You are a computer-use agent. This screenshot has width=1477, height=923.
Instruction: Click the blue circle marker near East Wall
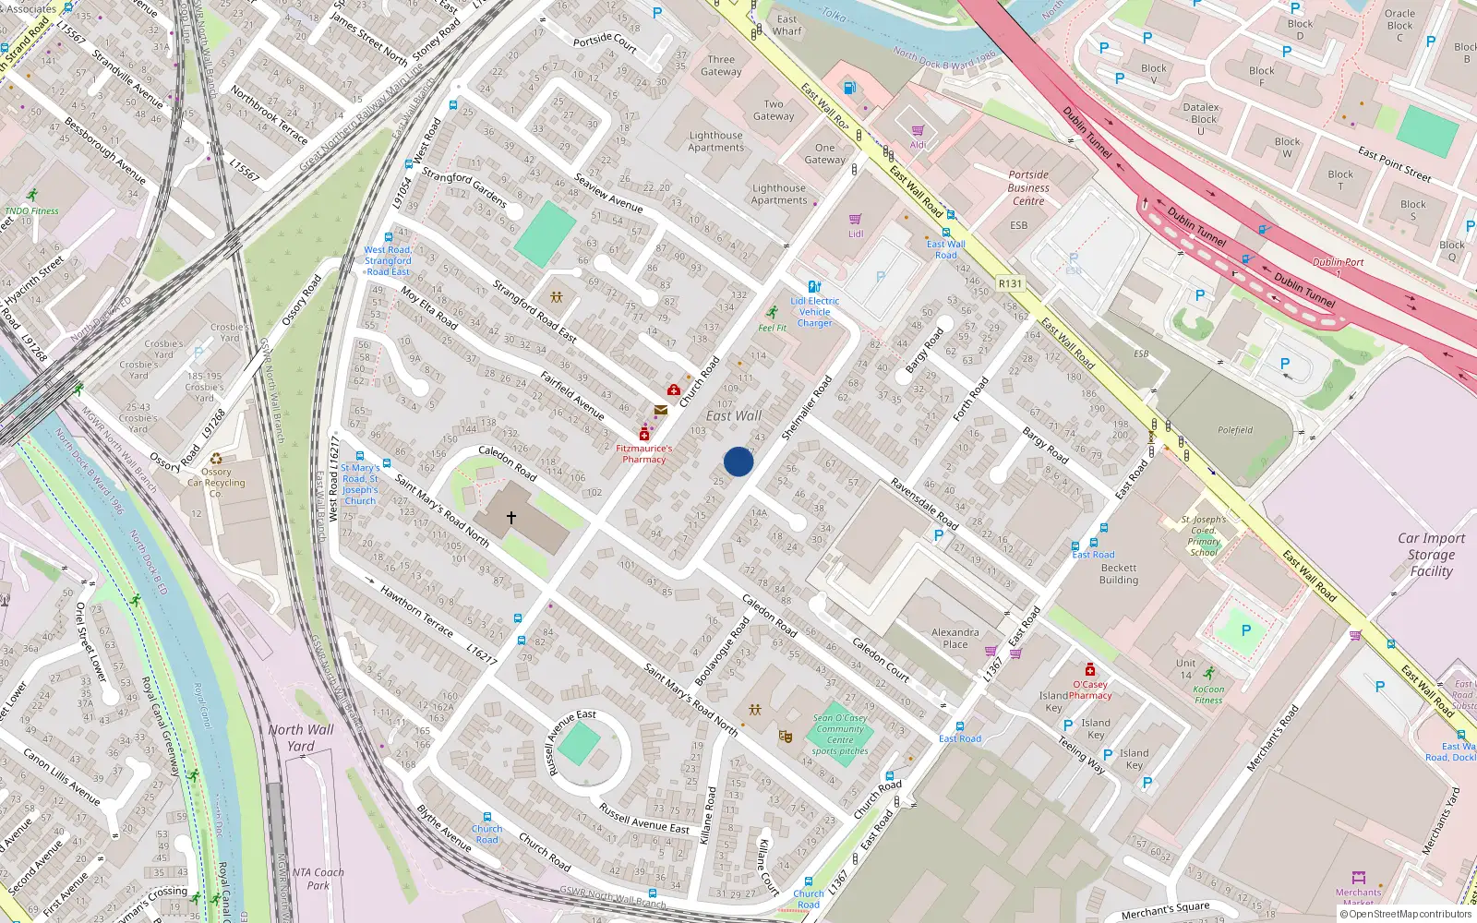(x=738, y=461)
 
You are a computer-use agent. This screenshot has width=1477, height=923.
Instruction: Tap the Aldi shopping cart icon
(x=918, y=131)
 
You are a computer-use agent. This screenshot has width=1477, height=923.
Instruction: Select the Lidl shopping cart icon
(x=855, y=220)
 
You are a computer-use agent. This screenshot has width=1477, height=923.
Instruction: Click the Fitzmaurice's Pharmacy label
(x=644, y=453)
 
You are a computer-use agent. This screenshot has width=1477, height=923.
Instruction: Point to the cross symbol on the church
(x=511, y=518)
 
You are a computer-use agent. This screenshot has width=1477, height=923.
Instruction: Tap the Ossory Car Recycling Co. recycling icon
(x=216, y=459)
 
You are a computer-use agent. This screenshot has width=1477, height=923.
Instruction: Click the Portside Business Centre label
(x=1028, y=187)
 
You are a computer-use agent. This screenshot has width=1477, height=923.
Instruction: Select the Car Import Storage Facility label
(x=1431, y=555)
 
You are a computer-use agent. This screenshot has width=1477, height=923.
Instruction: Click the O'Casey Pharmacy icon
(x=1089, y=669)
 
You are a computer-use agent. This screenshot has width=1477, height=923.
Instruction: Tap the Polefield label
(x=1234, y=430)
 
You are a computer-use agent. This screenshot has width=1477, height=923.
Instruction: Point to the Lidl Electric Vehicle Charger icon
(x=813, y=287)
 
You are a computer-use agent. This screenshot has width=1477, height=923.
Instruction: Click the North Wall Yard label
(x=301, y=737)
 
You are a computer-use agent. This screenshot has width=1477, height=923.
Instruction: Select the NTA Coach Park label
(x=318, y=878)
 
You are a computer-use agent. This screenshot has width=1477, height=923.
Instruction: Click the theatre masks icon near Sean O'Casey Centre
(x=786, y=736)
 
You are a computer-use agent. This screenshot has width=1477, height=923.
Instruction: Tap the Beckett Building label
(x=1118, y=574)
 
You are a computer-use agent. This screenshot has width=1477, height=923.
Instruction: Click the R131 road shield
(x=1010, y=284)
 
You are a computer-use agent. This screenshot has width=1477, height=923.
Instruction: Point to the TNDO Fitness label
(x=31, y=210)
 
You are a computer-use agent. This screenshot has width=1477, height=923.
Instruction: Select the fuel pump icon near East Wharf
(x=850, y=89)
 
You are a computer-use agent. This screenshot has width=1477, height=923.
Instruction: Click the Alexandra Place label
(x=955, y=638)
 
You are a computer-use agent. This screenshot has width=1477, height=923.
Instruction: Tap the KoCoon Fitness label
(x=1208, y=694)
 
